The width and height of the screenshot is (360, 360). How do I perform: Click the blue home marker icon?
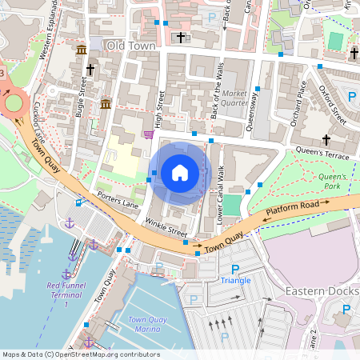180,171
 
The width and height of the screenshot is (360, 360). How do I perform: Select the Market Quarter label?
234,97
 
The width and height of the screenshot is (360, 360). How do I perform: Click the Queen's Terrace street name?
323,152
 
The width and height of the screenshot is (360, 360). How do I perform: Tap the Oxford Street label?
333,104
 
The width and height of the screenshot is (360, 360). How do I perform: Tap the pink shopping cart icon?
147,134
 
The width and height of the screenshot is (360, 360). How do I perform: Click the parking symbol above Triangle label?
235,270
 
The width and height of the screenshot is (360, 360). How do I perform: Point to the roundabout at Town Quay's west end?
14,102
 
